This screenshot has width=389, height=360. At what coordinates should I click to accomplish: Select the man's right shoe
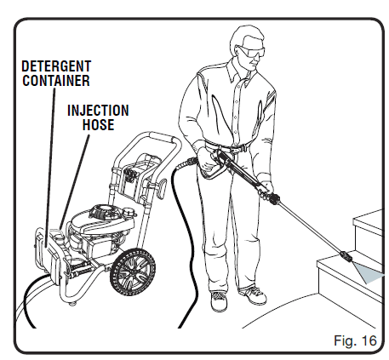tap(220, 300)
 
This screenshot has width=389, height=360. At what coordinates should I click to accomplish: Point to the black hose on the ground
tap(184, 255)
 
